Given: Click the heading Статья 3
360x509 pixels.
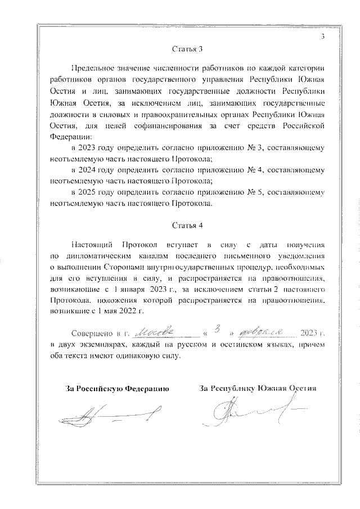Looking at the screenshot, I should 187,48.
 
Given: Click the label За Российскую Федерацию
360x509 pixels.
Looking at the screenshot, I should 118,388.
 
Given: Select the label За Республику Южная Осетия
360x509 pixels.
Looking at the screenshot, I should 257,388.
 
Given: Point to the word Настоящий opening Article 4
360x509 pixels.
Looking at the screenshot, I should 92,246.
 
